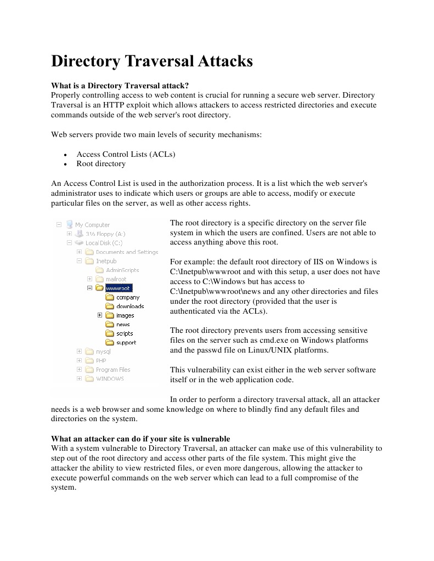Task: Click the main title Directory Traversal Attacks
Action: coord(152,61)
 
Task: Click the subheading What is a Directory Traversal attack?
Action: coord(120,86)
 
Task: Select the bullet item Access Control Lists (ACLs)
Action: coord(126,154)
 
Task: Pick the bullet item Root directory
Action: coord(101,163)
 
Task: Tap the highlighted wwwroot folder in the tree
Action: coord(118,288)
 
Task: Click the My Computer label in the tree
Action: coord(92,225)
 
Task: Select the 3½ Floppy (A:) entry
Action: coord(105,234)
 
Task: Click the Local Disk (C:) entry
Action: coord(104,243)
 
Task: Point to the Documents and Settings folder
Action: coord(127,252)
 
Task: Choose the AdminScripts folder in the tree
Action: coord(122,270)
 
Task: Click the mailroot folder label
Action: coord(116,279)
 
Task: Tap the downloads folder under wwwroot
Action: coord(130,306)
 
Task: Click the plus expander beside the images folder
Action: coord(100,315)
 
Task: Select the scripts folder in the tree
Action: coord(125,333)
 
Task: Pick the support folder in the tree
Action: coord(126,342)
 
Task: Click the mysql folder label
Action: coord(103,352)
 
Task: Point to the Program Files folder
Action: coord(113,370)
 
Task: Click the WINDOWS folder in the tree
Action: coord(110,378)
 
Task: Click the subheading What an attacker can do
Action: coord(140,439)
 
